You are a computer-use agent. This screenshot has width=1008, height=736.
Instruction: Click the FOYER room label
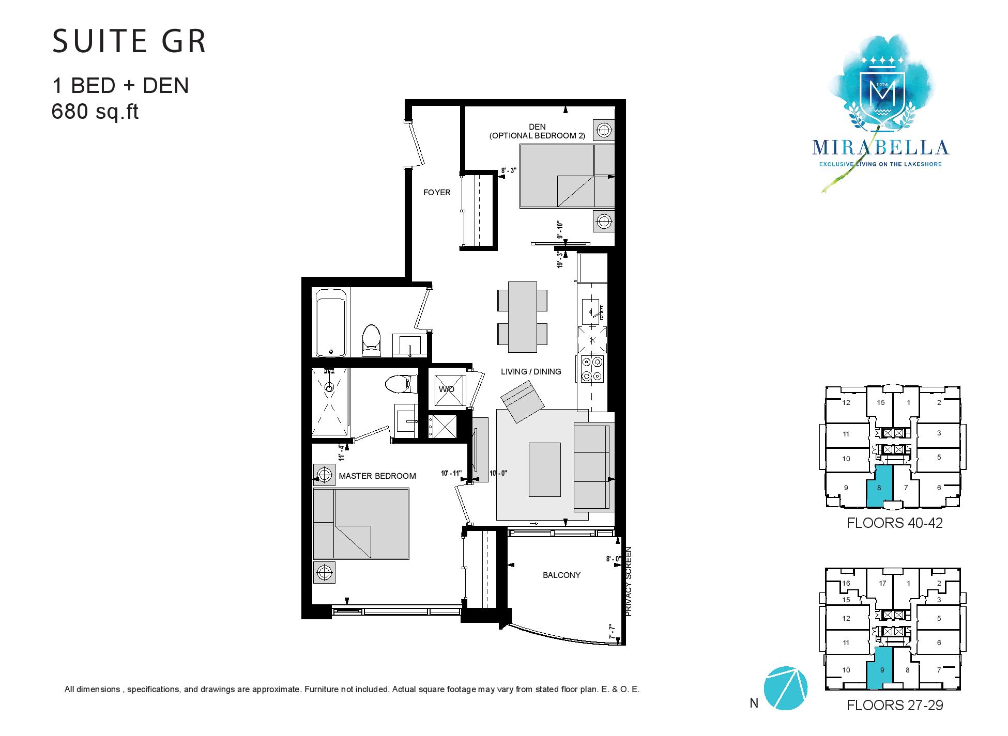[437, 193]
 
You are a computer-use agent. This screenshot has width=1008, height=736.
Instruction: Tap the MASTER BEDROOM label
[377, 476]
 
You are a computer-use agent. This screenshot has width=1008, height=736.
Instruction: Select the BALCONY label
[561, 575]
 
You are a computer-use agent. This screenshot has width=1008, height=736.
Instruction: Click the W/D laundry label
[446, 389]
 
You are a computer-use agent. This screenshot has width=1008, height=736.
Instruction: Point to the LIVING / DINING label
[531, 372]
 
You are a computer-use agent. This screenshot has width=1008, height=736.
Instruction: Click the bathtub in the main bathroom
[331, 322]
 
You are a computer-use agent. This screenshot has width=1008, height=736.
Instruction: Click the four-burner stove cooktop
[592, 369]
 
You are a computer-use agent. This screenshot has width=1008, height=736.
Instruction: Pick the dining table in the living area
[522, 317]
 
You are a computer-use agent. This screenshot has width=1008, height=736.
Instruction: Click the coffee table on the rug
[544, 469]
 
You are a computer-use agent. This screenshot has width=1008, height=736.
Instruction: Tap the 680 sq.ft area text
[95, 112]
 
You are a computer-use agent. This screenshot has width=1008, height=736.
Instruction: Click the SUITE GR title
[129, 42]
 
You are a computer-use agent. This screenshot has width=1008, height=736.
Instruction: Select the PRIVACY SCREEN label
[629, 581]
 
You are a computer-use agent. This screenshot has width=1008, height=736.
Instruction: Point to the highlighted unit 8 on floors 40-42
[879, 486]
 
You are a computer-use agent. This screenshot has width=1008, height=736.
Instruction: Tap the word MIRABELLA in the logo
[880, 147]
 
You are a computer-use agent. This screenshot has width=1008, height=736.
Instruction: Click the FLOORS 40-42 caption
[894, 523]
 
